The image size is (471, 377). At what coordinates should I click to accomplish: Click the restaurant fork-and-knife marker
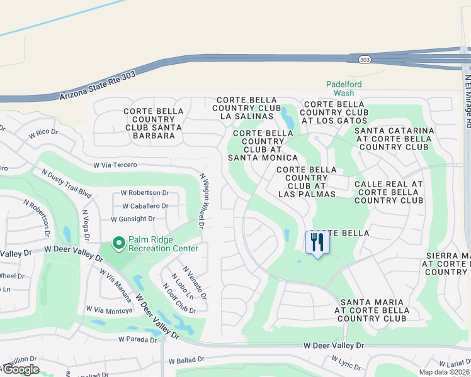click(x=317, y=243)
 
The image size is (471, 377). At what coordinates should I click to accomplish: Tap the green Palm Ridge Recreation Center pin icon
click(x=118, y=243)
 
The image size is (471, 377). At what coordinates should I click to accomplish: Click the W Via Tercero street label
click(x=115, y=165)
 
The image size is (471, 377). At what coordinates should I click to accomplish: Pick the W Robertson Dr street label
click(x=145, y=193)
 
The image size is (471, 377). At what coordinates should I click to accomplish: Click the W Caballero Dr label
click(x=145, y=205)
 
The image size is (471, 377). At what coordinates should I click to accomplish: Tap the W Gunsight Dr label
click(x=133, y=219)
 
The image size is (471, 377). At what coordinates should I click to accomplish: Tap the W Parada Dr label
click(x=138, y=339)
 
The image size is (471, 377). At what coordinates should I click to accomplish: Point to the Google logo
click(x=21, y=369)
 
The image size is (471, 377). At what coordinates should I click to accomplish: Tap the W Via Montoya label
click(x=110, y=310)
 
